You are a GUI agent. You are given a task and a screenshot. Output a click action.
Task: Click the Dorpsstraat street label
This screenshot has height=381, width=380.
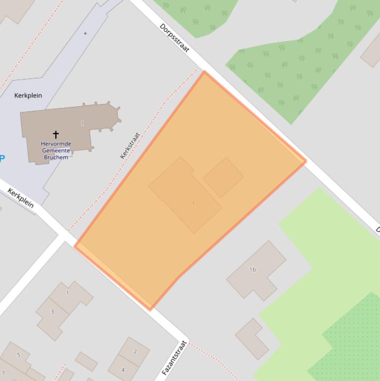(174, 38)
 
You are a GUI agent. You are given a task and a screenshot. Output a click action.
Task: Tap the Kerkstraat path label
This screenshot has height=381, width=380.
(130, 145)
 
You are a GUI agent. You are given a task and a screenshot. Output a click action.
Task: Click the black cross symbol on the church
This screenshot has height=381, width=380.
(56, 134)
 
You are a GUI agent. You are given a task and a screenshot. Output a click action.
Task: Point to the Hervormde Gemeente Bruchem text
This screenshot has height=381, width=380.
(56, 150)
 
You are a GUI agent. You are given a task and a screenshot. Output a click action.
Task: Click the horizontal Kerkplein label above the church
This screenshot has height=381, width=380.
(28, 95)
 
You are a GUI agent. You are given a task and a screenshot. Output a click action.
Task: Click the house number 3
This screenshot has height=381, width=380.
(52, 312)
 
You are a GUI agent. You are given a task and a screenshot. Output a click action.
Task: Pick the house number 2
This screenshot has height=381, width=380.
(135, 352)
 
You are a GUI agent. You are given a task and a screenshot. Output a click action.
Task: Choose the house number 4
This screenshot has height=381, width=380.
(123, 370)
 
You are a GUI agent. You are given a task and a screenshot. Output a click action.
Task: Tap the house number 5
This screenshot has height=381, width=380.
(19, 355)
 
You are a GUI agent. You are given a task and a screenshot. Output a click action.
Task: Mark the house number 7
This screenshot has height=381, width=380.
(3, 373)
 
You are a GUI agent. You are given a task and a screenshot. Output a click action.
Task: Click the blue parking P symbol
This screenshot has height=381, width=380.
(2, 159)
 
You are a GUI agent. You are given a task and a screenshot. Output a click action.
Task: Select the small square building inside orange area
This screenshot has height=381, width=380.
(223, 177)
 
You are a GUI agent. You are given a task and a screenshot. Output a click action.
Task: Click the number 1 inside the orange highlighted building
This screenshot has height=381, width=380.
(193, 203)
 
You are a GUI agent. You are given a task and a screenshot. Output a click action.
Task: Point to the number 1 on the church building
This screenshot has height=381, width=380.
(83, 124)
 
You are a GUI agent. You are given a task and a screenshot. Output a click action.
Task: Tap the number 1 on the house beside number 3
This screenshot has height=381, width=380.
(68, 293)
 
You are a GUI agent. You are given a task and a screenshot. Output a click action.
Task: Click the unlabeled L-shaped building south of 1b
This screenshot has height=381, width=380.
(252, 338)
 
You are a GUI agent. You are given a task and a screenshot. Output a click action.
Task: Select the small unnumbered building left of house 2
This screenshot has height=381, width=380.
(86, 361)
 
